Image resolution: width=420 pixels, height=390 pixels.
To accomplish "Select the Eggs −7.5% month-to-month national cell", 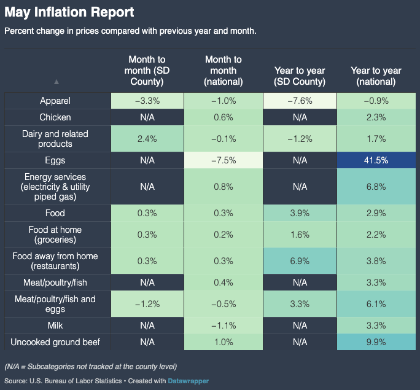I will (224, 160).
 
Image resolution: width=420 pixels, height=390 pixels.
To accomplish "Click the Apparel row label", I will (55, 101).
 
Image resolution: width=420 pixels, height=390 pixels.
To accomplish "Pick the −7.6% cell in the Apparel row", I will (300, 101).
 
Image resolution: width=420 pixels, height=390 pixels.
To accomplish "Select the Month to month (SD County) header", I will (147, 71).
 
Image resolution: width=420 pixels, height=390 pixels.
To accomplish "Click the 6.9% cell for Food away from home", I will (300, 262).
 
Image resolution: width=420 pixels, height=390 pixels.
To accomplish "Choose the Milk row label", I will (55, 325).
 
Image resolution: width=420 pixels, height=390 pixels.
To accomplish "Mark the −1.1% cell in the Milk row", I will (224, 325).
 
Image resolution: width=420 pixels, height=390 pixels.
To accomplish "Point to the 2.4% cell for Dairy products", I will (147, 139).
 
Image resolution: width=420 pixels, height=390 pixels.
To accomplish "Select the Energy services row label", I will (55, 187).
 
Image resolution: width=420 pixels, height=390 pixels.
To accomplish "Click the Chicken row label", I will (55, 117).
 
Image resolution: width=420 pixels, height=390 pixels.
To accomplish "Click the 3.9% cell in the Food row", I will (300, 213).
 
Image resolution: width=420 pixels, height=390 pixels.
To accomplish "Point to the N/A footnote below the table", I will (91, 367).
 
